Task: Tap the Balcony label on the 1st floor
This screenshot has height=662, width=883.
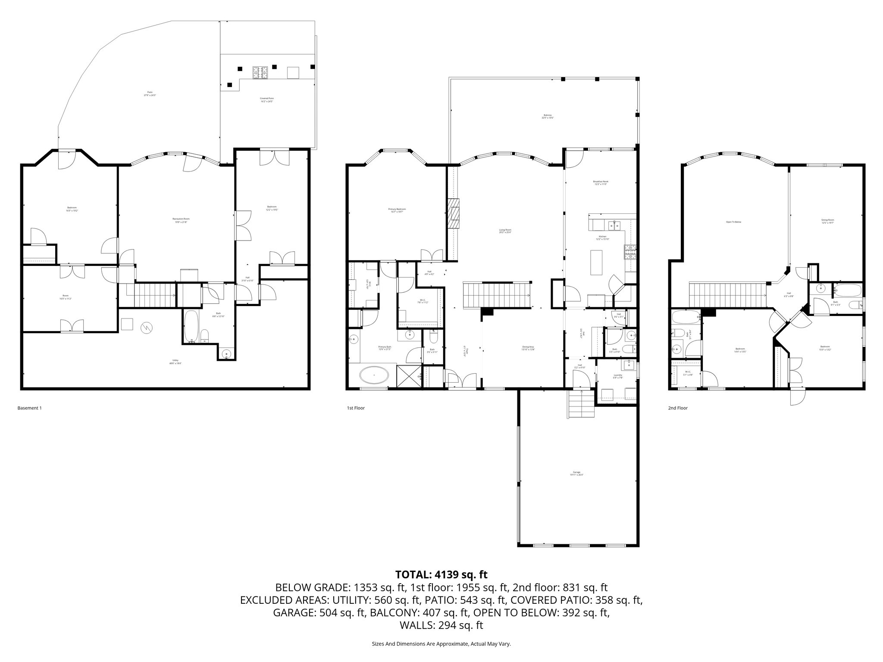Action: coord(548,116)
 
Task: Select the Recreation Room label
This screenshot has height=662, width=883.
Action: coord(181,220)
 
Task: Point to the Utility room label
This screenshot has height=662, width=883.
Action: coord(175,362)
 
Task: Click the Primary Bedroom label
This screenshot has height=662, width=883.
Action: coord(397,210)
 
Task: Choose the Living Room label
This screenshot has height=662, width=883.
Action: coord(505,231)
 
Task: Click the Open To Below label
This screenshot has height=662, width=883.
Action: coord(733,222)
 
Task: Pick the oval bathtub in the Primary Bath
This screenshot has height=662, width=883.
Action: coord(374,376)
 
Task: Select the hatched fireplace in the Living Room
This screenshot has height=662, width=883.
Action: coord(454,213)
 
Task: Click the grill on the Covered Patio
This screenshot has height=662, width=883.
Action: coord(260,73)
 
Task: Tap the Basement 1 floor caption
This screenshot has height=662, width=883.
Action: coord(29,408)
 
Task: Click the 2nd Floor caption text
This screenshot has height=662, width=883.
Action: coord(678,408)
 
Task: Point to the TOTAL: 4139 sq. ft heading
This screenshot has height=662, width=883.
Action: coord(441,575)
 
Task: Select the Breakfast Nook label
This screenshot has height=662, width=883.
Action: coord(601,183)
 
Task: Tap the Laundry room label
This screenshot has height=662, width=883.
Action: coord(618,376)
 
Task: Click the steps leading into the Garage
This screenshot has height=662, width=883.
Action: coord(582,404)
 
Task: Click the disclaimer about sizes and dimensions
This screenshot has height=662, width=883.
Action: coord(441,644)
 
